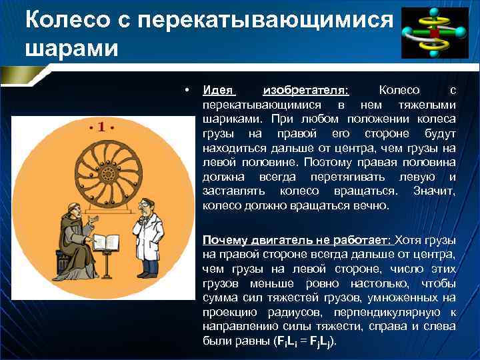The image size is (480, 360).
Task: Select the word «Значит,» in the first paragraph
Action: point(434,191)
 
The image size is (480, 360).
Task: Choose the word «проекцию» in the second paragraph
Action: point(227,311)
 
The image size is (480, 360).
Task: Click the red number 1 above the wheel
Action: point(102,126)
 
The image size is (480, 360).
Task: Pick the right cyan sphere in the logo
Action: point(460,31)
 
